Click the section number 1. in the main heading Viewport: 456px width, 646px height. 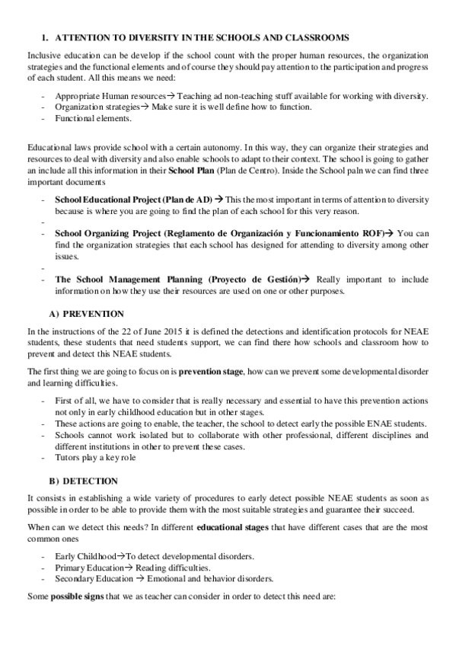click(45, 37)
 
